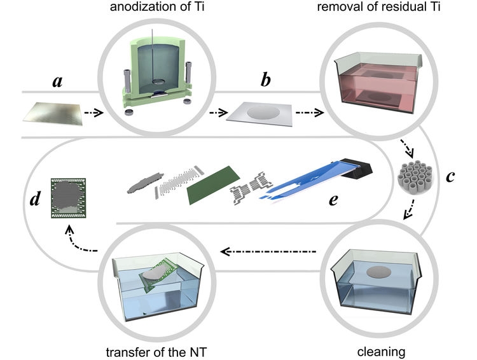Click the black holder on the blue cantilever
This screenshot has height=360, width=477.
357,167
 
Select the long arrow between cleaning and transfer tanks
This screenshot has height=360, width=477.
267,252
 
